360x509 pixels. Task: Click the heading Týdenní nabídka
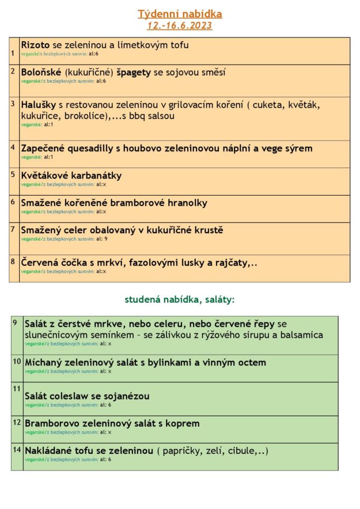[180, 14]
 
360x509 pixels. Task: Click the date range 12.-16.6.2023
[180, 25]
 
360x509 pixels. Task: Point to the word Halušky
[39, 105]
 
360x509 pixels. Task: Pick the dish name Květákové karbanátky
[71, 176]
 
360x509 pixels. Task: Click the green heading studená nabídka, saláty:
[180, 299]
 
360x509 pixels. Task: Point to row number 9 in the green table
[16, 322]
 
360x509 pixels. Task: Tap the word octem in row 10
[252, 362]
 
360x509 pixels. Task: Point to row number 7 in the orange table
[13, 229]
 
